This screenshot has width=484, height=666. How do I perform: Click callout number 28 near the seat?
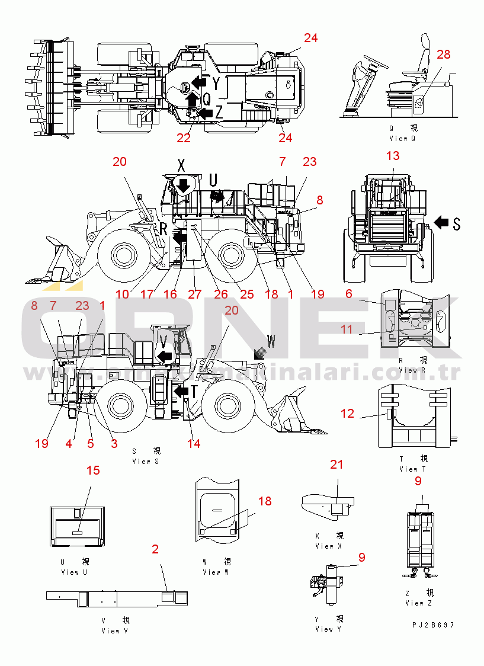coord(443,55)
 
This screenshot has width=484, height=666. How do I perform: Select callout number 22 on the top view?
coord(184,138)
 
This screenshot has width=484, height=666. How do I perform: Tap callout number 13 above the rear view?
coord(393,156)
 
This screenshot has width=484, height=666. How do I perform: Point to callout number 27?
coord(195,294)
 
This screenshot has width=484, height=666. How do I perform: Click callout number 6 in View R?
coord(349,293)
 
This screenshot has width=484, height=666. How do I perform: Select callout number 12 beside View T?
coord(348,414)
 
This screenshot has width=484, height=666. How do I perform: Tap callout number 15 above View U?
coord(93,470)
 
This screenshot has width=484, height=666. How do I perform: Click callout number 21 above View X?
coord(336,465)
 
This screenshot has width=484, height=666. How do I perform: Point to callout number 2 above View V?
coord(155,549)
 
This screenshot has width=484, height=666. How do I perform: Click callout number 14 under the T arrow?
coord(193,443)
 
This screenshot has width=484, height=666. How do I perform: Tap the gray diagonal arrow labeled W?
coord(258,353)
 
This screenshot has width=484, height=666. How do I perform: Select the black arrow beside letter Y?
coord(200,82)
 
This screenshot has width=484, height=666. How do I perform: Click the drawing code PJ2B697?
coord(434,625)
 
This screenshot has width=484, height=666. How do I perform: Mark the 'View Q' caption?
coord(402,138)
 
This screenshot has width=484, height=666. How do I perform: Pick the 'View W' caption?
coord(211,572)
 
